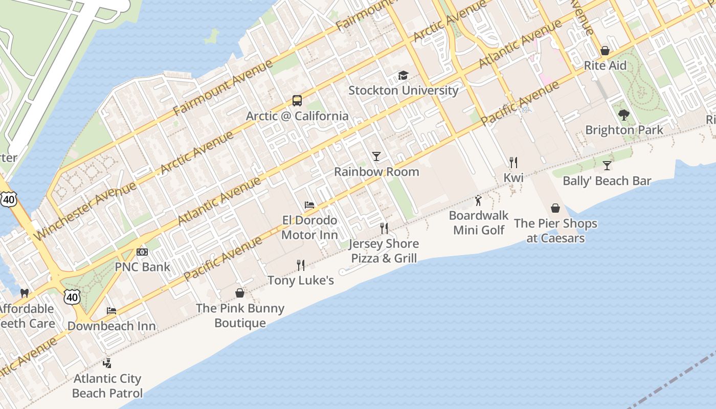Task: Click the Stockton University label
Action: point(403,90)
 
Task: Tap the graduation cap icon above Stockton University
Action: point(403,76)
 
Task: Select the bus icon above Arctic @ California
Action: point(297,101)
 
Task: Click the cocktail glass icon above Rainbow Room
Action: point(376,156)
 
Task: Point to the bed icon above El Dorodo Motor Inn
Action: point(309,205)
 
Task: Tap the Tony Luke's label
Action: point(301,280)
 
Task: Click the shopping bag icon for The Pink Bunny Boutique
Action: point(240,293)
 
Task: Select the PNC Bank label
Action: point(142,267)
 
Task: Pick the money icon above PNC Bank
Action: point(142,252)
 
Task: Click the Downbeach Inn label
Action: point(111,326)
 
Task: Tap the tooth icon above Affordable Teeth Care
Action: point(24,293)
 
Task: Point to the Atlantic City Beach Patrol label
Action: point(107,386)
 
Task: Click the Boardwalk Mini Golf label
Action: point(479,222)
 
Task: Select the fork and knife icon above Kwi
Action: point(513,163)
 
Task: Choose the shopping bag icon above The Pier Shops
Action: point(555,208)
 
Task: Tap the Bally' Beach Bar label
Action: point(607,181)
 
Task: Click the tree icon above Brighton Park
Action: point(623,115)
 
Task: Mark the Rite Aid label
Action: point(605,66)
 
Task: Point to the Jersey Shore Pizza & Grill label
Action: point(384,251)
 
